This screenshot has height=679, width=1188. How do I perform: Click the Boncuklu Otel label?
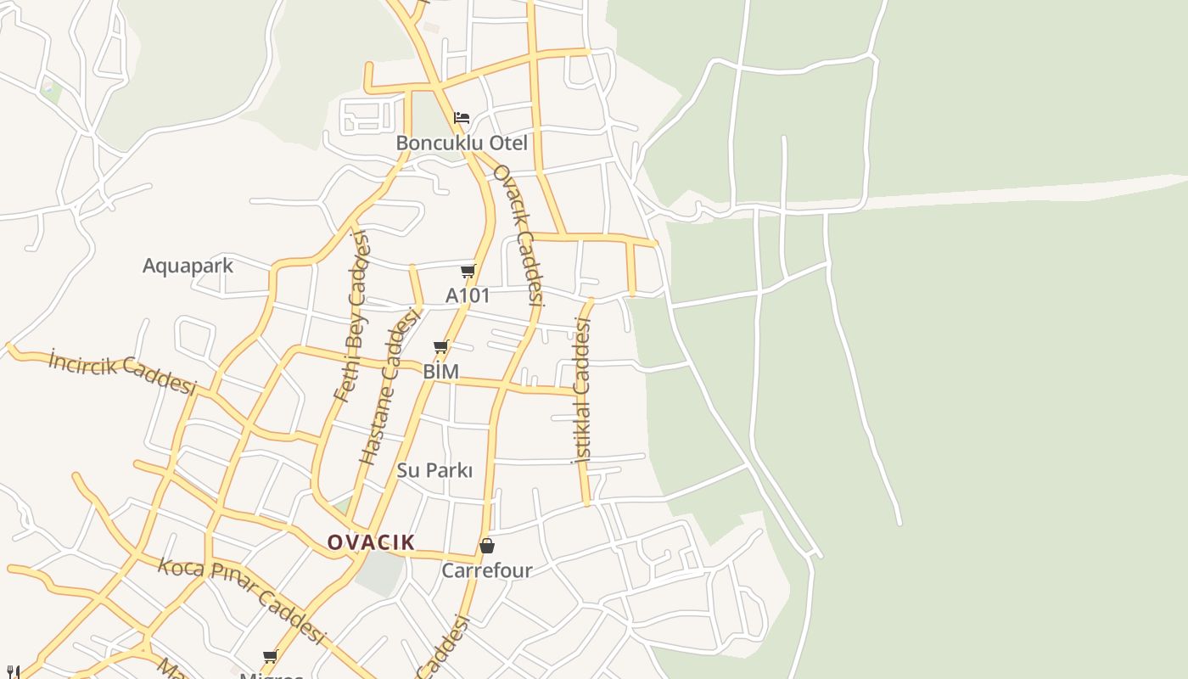pos(462,143)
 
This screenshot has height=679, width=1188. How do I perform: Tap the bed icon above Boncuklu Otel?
pos(462,117)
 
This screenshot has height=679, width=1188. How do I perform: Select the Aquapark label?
pos(188,266)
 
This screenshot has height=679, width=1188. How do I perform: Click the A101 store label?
pos(468,295)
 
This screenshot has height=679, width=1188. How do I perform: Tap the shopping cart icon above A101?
pos(468,271)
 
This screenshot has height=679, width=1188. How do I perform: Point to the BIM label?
pos(440,372)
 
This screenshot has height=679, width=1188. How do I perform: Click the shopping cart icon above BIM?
pos(440,346)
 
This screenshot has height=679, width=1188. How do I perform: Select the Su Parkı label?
pos(434,470)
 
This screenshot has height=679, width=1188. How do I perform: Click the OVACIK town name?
pos(371,542)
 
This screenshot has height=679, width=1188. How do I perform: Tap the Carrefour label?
pos(486,570)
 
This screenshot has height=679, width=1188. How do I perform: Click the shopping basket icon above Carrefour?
pos(486,546)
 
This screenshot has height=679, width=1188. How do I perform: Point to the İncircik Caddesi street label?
pos(122,372)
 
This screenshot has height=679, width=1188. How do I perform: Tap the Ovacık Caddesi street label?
pos(518,234)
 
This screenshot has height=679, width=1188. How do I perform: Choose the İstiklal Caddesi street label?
pos(582,390)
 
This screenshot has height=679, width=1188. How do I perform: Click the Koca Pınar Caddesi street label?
pos(242,600)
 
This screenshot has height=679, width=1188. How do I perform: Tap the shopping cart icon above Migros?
pos(270,656)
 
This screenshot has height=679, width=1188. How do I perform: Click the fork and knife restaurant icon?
pos(12,672)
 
